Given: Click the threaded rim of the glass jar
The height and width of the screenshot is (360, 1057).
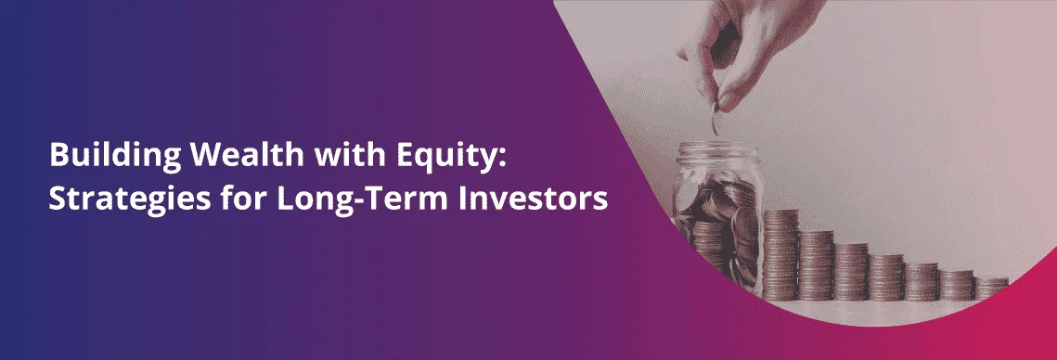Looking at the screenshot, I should click(x=717, y=152).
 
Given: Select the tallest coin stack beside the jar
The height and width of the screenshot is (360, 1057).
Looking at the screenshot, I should click(x=780, y=255).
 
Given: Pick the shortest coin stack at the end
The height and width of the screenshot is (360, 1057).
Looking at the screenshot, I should click(x=991, y=289).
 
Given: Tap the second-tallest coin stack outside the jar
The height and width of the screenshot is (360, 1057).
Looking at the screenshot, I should click(x=817, y=265).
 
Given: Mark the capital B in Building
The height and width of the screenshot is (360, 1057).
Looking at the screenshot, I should click(x=57, y=156).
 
